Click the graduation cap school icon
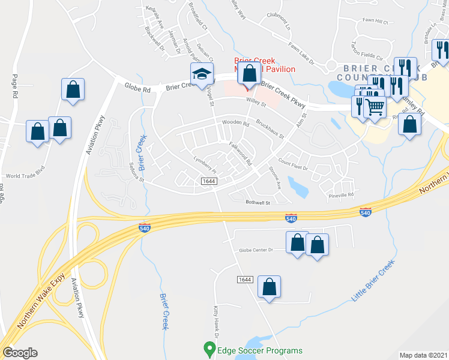202,74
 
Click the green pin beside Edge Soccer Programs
209,348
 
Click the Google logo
20,353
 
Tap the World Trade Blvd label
26,176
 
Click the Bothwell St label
259,203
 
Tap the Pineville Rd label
342,195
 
